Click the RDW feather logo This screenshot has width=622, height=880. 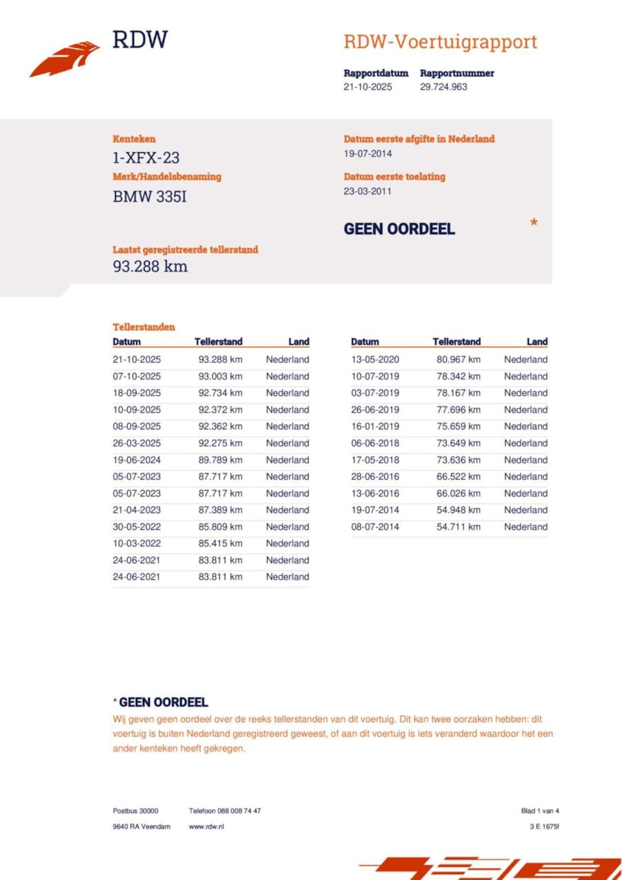point(65,59)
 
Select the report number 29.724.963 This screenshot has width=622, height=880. point(443,87)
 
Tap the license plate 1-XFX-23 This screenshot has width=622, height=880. point(146,158)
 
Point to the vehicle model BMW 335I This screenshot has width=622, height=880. point(149,197)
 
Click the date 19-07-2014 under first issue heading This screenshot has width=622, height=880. point(367,153)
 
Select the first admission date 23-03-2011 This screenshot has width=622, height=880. point(367,191)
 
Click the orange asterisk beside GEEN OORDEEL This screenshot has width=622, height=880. point(534,223)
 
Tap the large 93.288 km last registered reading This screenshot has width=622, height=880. point(150,267)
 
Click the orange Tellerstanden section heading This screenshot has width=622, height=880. point(143,327)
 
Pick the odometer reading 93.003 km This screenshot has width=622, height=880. point(220,376)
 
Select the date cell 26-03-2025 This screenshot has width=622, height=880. point(137,443)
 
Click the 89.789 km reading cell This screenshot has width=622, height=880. point(220,460)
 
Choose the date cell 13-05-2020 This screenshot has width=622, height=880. point(375,360)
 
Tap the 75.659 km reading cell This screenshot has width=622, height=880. point(458,426)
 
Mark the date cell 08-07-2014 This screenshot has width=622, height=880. point(375,527)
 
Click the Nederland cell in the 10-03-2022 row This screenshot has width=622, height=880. point(287,543)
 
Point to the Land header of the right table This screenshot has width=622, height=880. point(537,342)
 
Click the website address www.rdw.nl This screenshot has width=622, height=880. point(207,827)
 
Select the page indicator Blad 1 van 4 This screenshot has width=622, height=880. point(540,811)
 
